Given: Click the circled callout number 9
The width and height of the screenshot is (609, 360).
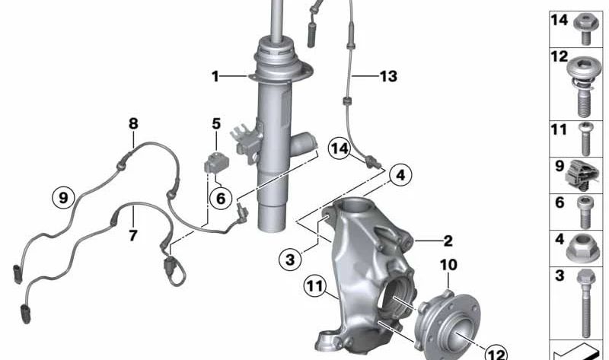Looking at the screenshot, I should [x=64, y=197].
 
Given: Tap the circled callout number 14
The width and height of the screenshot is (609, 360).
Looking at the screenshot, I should [x=341, y=148].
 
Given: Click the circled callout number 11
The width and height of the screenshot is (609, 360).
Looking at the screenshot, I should [x=314, y=288].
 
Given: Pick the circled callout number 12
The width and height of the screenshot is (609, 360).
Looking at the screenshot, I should [x=496, y=352].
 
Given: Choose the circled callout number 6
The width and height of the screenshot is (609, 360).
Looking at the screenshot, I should [x=219, y=198].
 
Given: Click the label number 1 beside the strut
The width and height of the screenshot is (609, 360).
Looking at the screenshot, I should [x=215, y=76].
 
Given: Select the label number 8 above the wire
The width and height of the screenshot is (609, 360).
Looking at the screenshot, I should [x=133, y=122].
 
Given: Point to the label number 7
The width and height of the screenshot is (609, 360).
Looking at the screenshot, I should [x=133, y=236].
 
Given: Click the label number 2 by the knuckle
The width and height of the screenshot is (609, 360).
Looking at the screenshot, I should [x=448, y=241].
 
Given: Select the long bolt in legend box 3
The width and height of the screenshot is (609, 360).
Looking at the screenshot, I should [x=585, y=304].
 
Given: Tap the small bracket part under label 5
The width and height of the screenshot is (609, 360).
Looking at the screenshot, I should [x=216, y=161].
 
